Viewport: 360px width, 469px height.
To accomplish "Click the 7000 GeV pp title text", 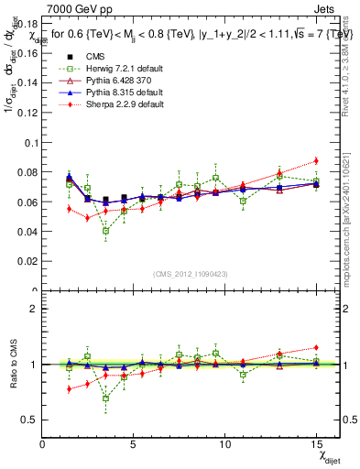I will click(76, 8).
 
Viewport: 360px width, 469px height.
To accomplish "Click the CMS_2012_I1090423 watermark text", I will click(190, 275).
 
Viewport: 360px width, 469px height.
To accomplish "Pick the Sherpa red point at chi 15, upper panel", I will click(316, 160).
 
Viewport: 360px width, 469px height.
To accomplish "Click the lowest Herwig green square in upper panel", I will click(105, 231).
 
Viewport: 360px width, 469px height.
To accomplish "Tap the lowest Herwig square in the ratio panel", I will click(105, 398).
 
